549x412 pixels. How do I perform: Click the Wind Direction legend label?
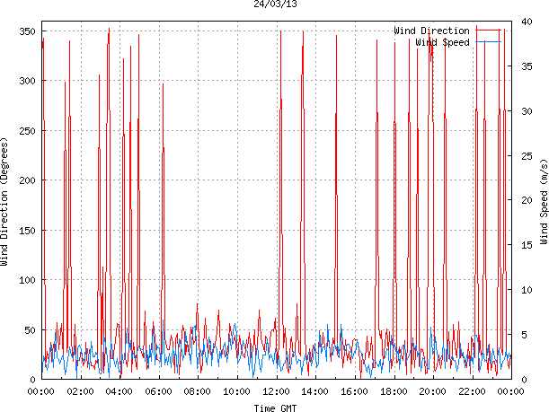[x=431, y=31]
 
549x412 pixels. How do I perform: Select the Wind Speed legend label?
[x=443, y=42]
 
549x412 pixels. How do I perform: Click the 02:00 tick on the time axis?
[x=80, y=391]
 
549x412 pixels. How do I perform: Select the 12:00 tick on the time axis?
[x=276, y=391]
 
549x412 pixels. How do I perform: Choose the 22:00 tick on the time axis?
[x=472, y=391]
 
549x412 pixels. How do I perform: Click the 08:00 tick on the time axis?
[x=198, y=391]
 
